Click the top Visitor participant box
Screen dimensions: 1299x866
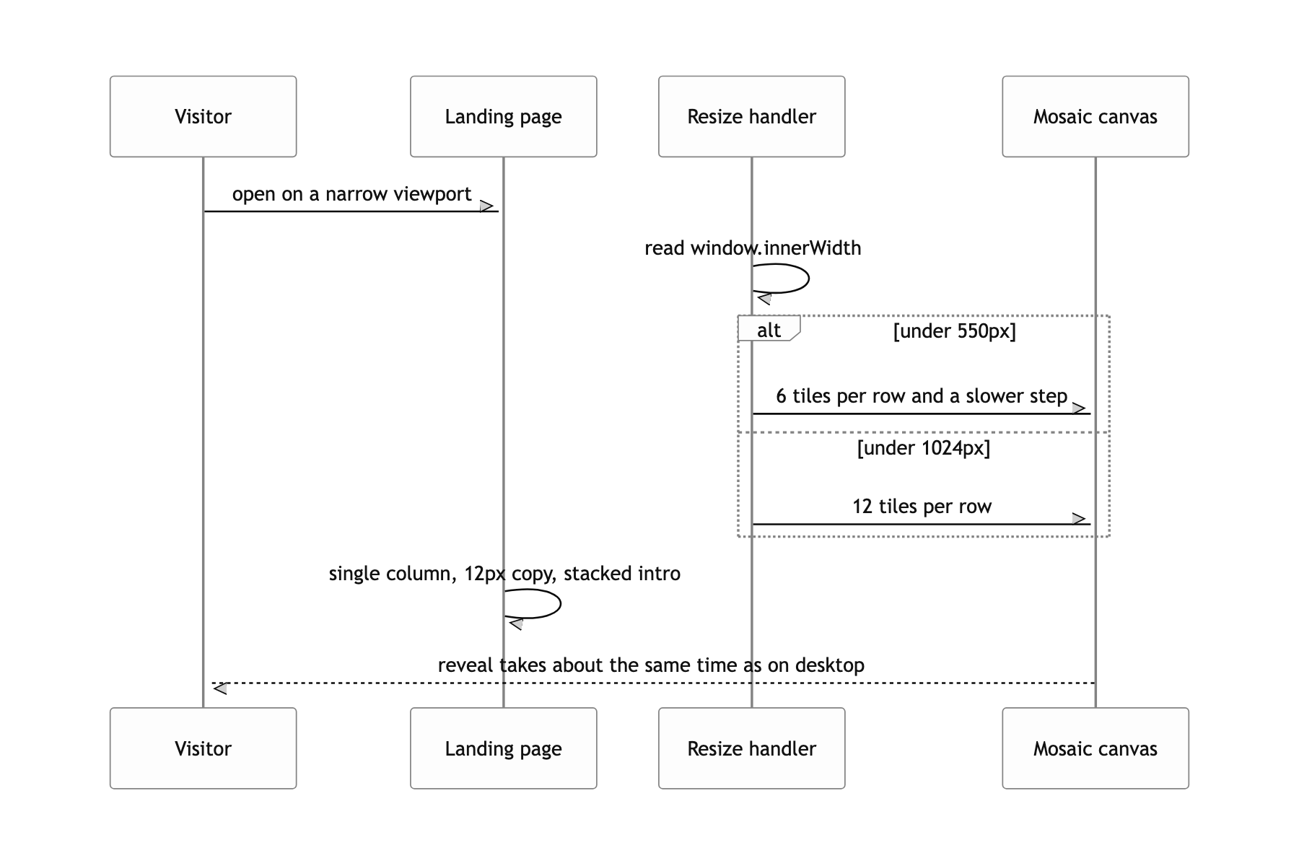point(203,116)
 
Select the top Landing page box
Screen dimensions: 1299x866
point(503,116)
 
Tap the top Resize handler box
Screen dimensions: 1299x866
point(751,116)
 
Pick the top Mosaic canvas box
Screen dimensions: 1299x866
point(1095,116)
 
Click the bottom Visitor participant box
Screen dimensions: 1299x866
point(203,748)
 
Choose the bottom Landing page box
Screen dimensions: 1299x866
point(503,748)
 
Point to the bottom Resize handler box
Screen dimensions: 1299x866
point(751,748)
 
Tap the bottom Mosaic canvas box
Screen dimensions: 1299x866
point(1095,748)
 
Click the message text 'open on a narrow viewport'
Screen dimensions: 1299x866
point(351,194)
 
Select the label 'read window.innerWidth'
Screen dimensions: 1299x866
point(753,248)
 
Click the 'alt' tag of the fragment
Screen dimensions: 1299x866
point(769,329)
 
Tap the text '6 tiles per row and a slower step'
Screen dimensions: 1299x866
point(922,396)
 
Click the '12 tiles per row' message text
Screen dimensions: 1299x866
point(922,507)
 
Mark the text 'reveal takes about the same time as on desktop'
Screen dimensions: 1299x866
point(651,665)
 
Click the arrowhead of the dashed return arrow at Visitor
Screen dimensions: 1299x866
point(220,688)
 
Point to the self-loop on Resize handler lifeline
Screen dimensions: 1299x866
point(808,279)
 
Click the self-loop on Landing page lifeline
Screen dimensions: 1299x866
point(560,604)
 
